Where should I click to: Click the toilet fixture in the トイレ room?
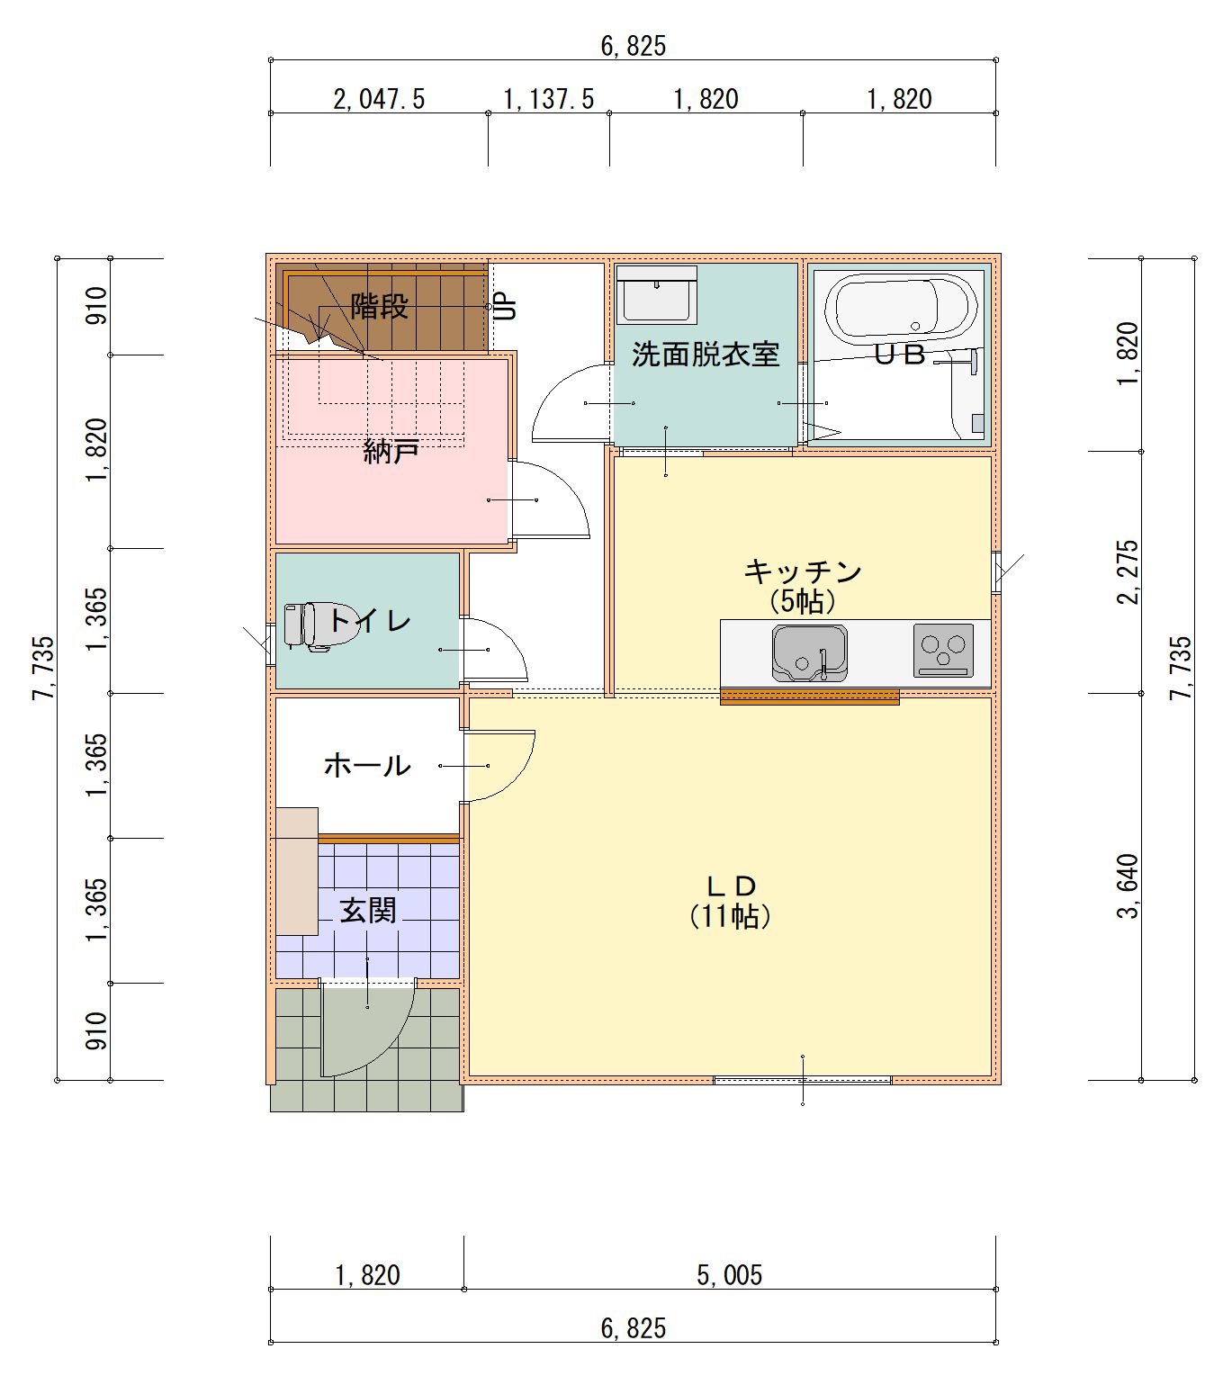[x=320, y=625]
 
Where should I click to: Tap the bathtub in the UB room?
[x=901, y=308]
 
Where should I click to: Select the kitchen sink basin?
[x=809, y=652]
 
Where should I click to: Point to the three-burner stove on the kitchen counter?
[x=943, y=650]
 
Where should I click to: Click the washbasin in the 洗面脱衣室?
[x=656, y=293]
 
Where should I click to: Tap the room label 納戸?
[x=391, y=452]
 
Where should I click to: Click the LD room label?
[x=732, y=885]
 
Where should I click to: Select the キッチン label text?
[x=803, y=571]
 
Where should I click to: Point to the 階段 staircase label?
[x=380, y=306]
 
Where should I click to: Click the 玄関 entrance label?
[x=368, y=912]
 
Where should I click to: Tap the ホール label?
[x=367, y=766]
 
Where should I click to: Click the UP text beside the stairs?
[x=507, y=306]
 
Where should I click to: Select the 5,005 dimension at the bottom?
[x=729, y=1275]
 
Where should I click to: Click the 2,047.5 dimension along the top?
[x=379, y=99]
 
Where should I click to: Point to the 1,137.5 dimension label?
[x=548, y=99]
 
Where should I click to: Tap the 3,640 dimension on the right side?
[x=1128, y=886]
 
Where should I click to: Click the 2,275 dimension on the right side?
[x=1128, y=571]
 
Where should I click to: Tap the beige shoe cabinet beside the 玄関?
[x=297, y=871]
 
